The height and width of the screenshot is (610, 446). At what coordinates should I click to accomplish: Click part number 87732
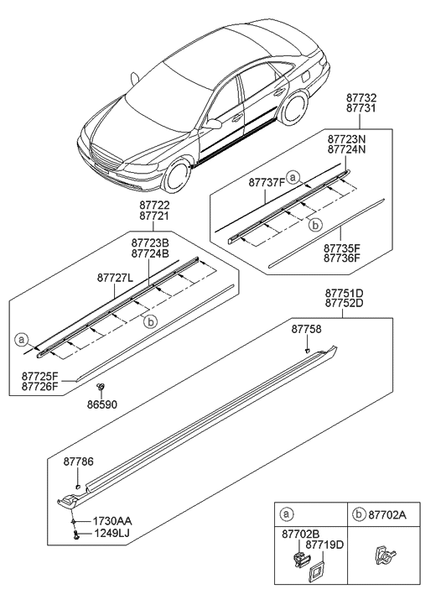(x=365, y=98)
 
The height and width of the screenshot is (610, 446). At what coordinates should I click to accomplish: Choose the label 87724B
(x=151, y=253)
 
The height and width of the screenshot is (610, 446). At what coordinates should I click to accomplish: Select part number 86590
(x=102, y=404)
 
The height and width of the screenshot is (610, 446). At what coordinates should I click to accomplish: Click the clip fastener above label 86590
(x=101, y=387)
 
